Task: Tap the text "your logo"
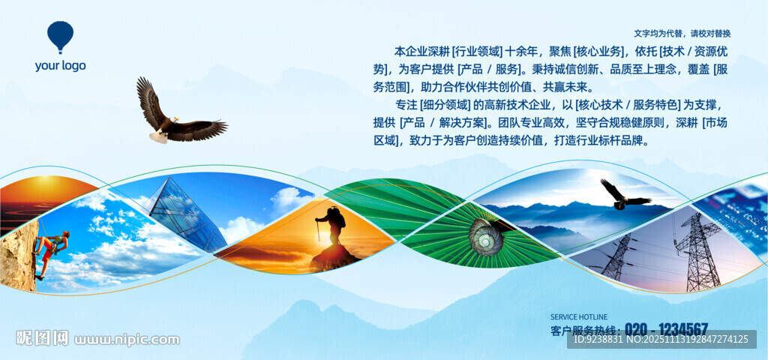[60, 66]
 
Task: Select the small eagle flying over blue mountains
[625, 194]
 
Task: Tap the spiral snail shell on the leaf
[486, 236]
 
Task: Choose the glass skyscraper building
[186, 214]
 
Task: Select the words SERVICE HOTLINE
[579, 317]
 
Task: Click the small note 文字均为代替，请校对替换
[682, 34]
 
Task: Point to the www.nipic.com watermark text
[126, 339]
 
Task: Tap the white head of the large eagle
[173, 120]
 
